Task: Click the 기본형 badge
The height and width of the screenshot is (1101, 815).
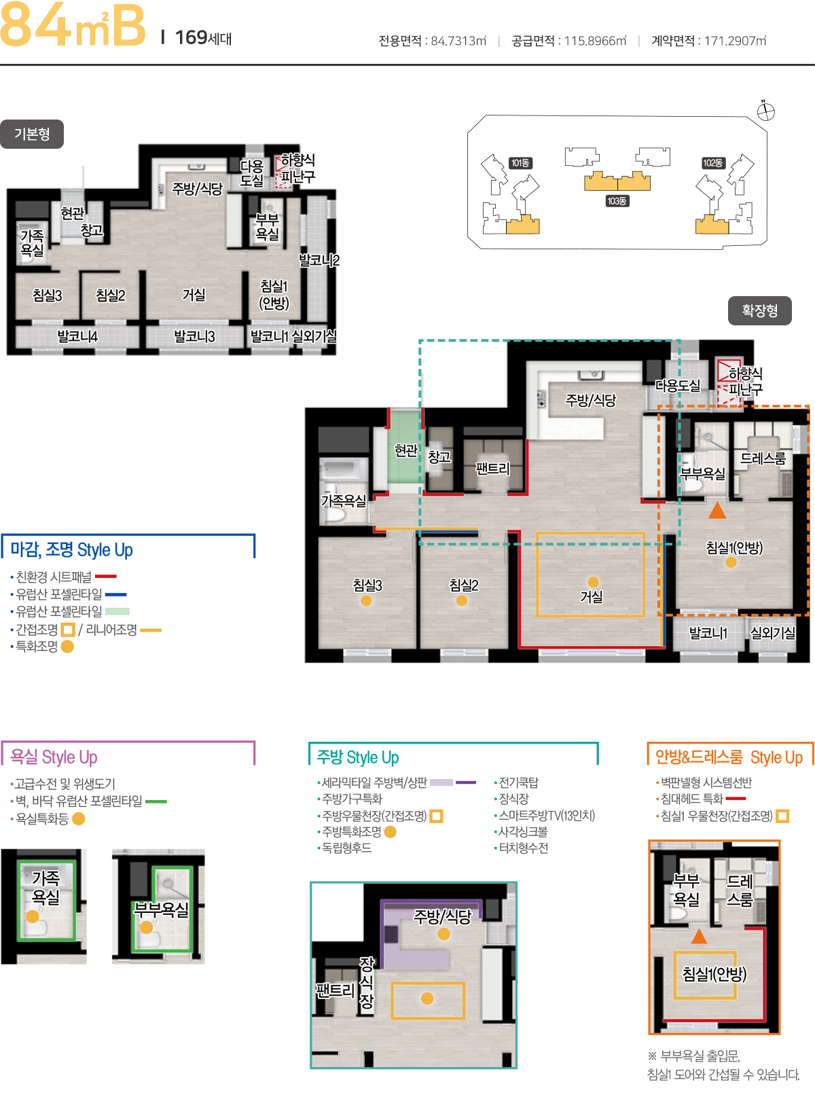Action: tap(32, 134)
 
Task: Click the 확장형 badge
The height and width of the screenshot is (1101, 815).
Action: tap(759, 311)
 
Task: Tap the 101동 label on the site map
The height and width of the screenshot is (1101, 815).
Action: tap(520, 163)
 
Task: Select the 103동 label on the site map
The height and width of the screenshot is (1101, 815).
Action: tap(617, 201)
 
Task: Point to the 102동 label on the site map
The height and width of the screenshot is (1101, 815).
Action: tap(712, 163)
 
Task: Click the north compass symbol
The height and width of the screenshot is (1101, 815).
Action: tap(765, 111)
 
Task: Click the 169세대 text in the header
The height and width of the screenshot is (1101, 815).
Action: tap(204, 38)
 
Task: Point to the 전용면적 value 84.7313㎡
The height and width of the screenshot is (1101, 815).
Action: tap(458, 41)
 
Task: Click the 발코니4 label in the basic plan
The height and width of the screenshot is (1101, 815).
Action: tap(77, 337)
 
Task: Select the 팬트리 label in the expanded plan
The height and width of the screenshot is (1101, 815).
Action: tap(492, 469)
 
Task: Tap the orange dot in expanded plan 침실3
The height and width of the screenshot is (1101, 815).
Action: tap(366, 600)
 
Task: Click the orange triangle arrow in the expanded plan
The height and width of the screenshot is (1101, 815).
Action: tap(717, 510)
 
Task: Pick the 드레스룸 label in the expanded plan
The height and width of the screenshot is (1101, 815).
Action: tap(763, 458)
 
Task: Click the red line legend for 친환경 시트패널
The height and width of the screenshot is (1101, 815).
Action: tap(106, 577)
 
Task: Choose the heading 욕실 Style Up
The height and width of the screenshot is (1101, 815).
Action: tap(54, 757)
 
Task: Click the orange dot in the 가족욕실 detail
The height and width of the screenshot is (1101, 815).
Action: tap(33, 916)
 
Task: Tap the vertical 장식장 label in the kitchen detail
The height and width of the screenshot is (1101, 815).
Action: tap(366, 983)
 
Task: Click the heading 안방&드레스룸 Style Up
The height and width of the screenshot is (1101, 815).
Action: tap(729, 757)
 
